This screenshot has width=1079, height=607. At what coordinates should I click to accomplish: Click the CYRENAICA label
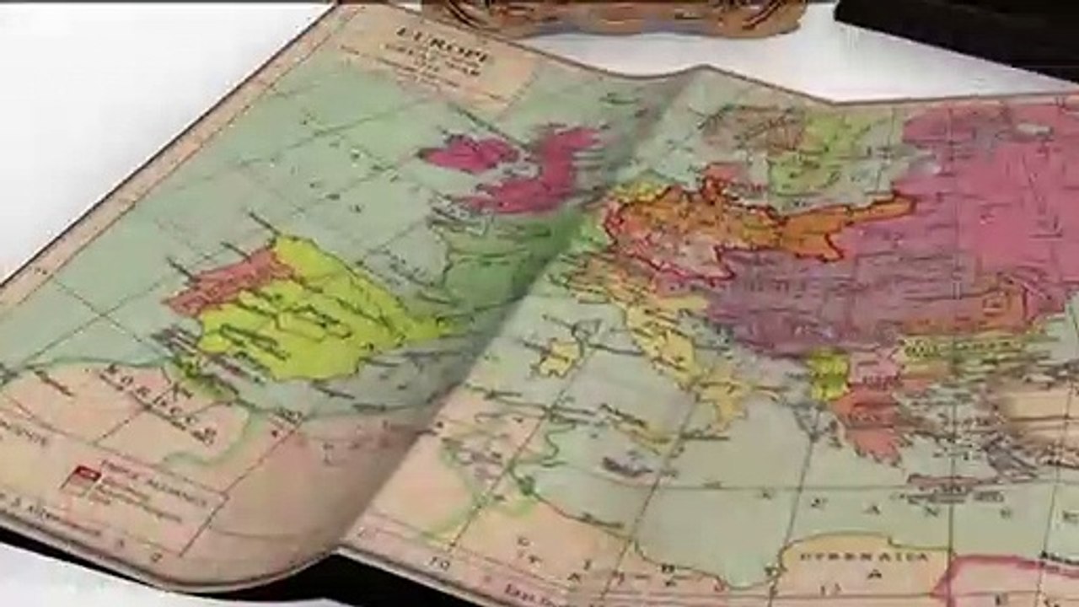point(864,557)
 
